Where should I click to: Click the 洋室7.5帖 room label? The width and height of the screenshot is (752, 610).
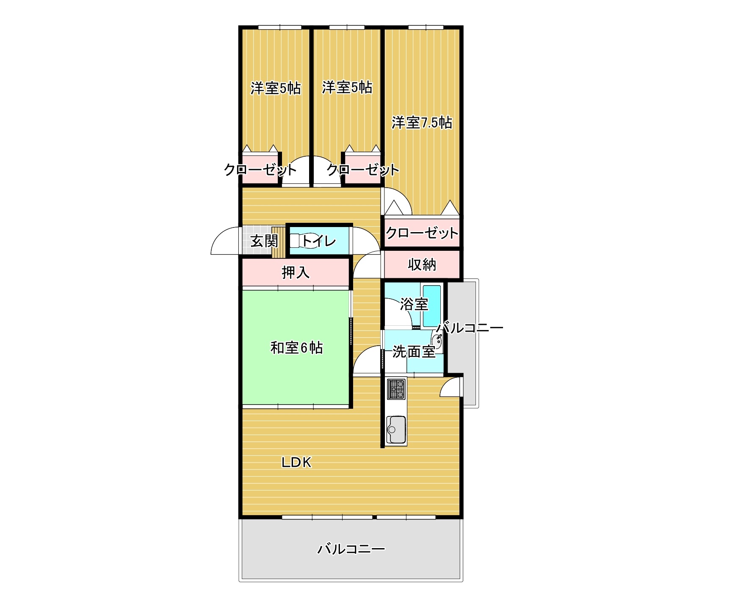click(x=422, y=123)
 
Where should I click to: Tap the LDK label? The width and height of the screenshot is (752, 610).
click(x=297, y=463)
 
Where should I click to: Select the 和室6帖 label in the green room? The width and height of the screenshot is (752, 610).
click(x=296, y=348)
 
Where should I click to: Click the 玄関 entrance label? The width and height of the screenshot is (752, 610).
click(x=264, y=241)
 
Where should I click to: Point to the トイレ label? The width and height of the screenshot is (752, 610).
click(x=319, y=241)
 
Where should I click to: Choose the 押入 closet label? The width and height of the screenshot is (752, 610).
click(x=296, y=273)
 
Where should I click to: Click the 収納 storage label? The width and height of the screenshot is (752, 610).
click(x=422, y=265)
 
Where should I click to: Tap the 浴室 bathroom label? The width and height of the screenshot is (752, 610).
click(x=414, y=304)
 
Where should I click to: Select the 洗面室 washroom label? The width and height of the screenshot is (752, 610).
click(x=414, y=352)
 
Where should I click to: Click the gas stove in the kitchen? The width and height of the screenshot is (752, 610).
click(x=396, y=389)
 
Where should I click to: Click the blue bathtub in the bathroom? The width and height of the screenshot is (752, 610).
click(x=432, y=305)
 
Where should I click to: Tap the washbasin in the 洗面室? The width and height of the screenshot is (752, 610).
click(x=437, y=343)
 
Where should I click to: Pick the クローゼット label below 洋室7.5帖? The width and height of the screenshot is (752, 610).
click(x=422, y=233)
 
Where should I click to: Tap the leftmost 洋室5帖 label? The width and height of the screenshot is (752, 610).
click(x=276, y=88)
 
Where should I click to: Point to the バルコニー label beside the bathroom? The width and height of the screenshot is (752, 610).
click(x=470, y=327)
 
